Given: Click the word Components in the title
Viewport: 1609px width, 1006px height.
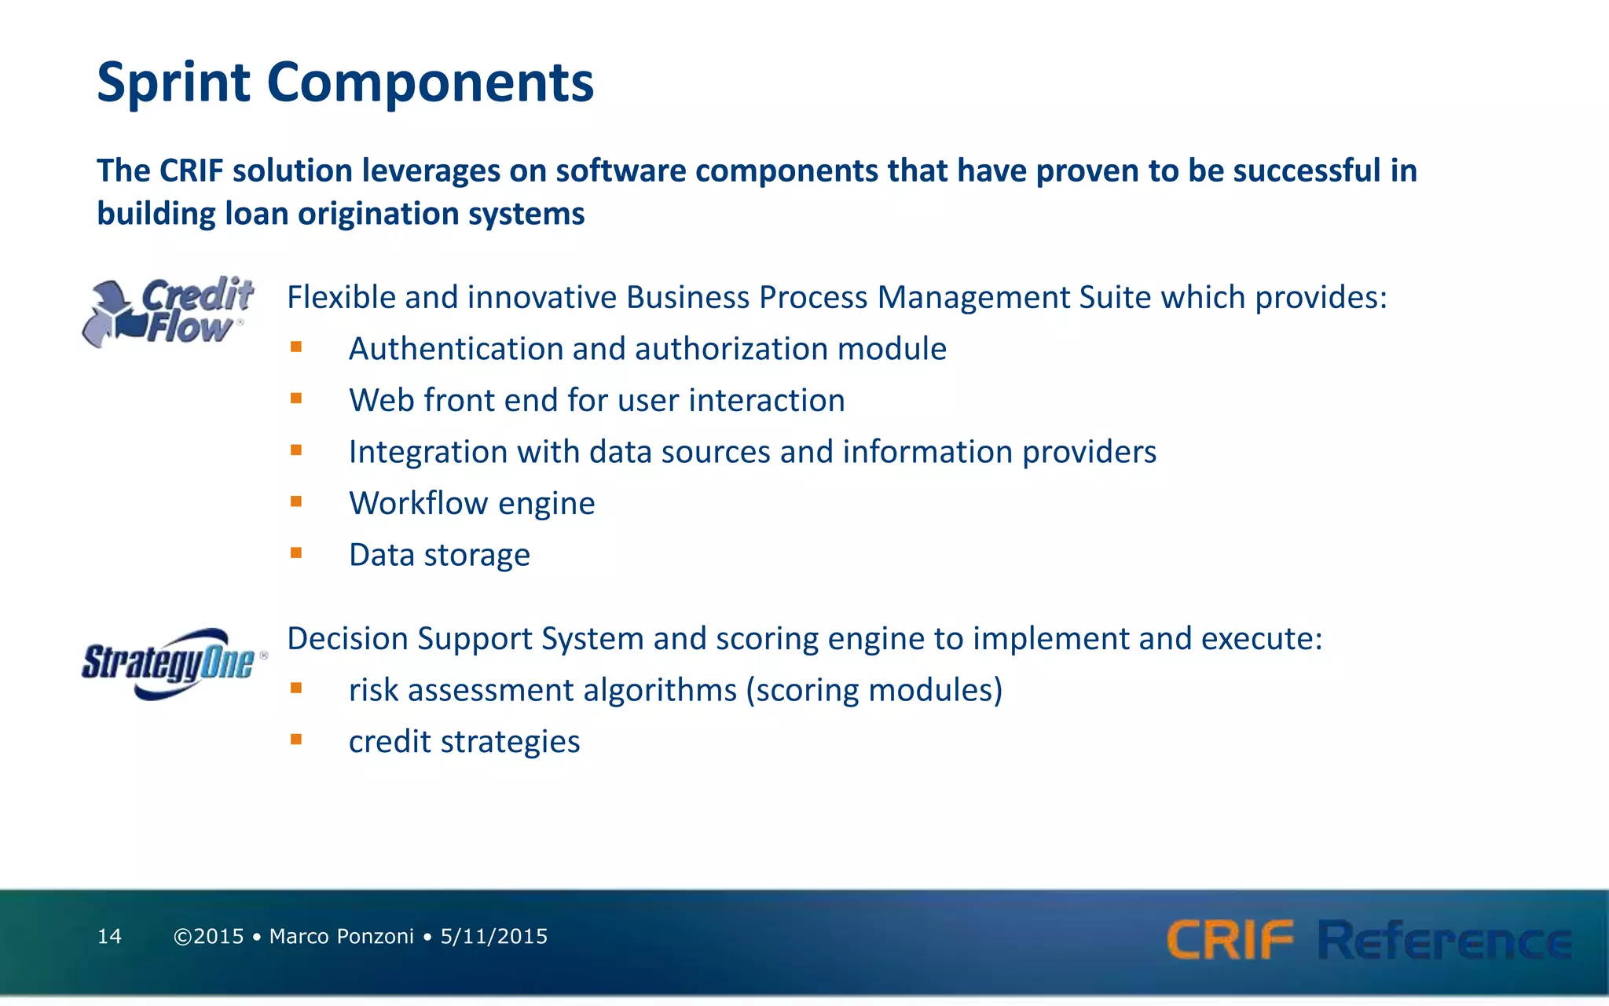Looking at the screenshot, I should (x=430, y=83).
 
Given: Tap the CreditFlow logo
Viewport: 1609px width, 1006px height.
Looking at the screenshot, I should (x=168, y=311).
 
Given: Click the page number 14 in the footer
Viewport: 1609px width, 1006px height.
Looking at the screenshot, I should (x=109, y=936).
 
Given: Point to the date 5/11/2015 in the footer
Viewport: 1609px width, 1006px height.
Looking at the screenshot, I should (x=493, y=936).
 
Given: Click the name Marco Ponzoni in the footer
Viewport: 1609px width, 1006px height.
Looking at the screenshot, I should (x=341, y=936).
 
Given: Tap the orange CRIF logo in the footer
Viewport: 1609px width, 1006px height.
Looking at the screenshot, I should (x=1230, y=940).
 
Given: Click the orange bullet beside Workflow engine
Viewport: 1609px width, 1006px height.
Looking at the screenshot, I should (x=296, y=501).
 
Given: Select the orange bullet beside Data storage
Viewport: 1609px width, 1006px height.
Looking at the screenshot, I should (x=296, y=553).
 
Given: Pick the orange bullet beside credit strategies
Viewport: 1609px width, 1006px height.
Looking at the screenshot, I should (x=296, y=740).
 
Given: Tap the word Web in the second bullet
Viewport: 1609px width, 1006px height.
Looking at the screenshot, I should (x=381, y=400).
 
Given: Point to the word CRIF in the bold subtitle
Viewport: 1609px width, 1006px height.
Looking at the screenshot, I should (x=191, y=171).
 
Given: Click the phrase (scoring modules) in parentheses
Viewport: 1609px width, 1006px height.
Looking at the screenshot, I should (x=874, y=690).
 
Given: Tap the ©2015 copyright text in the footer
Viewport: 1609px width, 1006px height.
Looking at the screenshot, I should (x=209, y=936).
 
